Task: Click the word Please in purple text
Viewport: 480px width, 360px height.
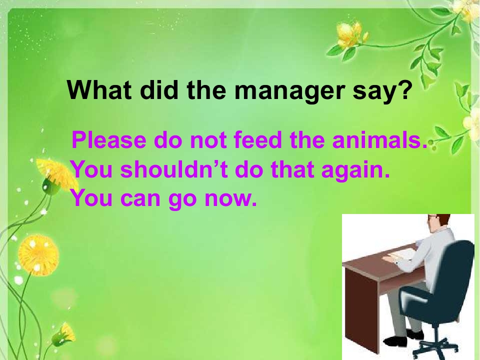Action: [109, 140]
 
